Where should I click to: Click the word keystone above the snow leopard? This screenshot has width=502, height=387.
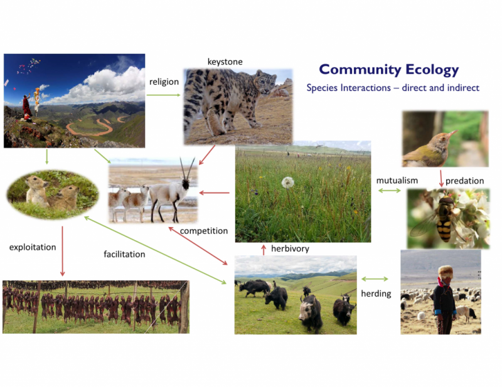(225, 61)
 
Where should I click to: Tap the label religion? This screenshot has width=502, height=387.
(164, 82)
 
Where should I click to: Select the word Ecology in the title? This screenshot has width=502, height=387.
(432, 70)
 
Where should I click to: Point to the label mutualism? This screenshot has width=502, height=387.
(397, 181)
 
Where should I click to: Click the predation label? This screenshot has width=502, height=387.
(464, 181)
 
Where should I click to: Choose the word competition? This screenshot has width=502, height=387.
(204, 231)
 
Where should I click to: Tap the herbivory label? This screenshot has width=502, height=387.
(290, 249)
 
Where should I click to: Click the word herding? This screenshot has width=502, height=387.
(376, 294)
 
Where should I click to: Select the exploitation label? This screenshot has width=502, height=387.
(33, 247)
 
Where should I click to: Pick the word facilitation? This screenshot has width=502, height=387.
(124, 254)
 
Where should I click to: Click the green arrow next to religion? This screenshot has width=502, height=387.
(164, 95)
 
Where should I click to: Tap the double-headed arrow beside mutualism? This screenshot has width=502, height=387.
(389, 191)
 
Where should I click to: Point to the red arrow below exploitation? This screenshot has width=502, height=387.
(62, 252)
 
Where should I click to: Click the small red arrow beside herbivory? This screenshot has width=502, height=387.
(264, 250)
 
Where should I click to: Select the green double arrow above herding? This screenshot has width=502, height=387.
(375, 279)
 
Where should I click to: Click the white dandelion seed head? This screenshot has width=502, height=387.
(287, 183)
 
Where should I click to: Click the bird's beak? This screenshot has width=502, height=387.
(452, 134)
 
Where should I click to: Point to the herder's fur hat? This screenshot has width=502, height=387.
(446, 273)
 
